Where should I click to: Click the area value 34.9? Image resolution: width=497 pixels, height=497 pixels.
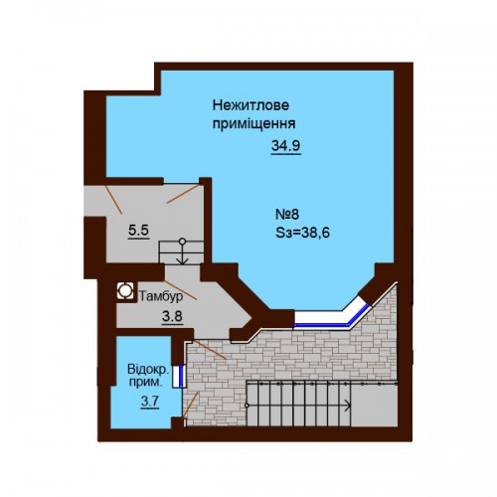pos(286,146)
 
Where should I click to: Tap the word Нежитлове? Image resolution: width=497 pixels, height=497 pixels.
pos(250,105)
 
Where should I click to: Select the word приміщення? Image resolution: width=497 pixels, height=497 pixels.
pos(253,124)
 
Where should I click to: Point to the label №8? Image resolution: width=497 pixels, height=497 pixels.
pos(287,215)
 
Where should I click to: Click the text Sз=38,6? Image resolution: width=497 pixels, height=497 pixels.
pos(303,233)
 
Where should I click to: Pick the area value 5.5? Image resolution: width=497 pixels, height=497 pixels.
pos(139,231)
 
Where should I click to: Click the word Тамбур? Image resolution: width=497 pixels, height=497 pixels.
pos(161,296)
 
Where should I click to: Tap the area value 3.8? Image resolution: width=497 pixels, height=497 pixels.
pos(172,317)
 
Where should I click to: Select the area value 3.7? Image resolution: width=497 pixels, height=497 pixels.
pos(150,402)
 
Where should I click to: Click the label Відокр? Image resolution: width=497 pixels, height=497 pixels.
pos(148,369)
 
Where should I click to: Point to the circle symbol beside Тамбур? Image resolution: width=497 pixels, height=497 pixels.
pos(125,291)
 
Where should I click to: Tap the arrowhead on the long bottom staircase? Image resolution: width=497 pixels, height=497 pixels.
pos(348,406)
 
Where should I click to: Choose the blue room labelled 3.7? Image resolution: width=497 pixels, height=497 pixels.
pos(146,385)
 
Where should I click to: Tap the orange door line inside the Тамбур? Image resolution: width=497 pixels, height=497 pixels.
pos(181,290)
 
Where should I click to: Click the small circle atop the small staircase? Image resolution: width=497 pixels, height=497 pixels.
pos(182,242)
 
